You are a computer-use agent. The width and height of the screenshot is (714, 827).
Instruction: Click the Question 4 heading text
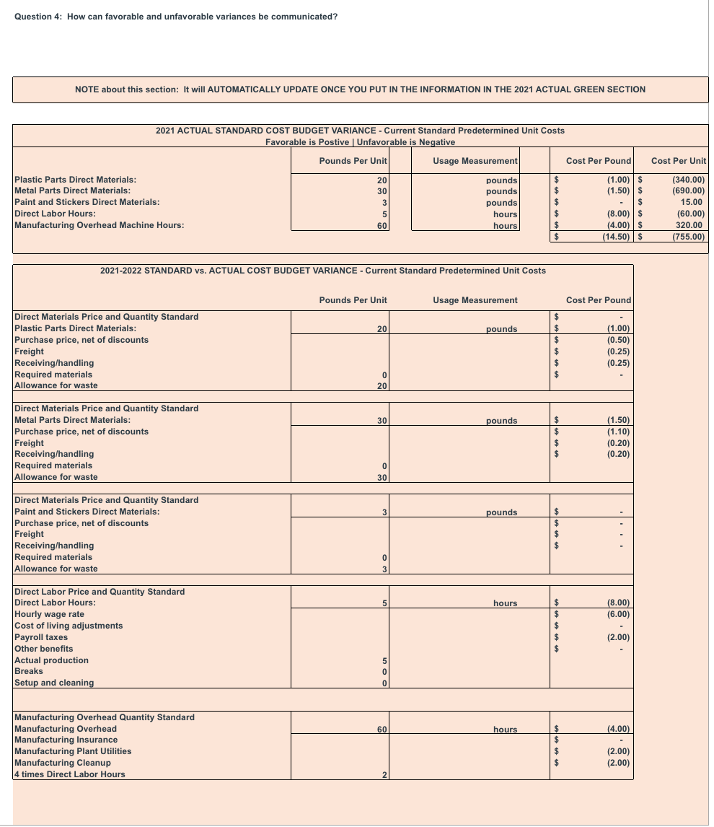pos(176,17)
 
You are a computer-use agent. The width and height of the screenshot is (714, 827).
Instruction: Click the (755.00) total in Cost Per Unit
pos(688,237)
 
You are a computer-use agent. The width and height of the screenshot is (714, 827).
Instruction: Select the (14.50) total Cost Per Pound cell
pos(617,237)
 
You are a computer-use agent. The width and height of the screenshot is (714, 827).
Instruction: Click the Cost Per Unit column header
pos(678,160)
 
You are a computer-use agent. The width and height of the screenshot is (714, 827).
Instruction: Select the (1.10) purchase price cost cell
pos(619,432)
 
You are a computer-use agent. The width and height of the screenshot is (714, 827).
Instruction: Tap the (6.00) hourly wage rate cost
pos(619,614)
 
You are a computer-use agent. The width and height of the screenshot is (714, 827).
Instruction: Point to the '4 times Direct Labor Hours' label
pos(70,774)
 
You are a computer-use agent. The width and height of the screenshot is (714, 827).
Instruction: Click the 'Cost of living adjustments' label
pos(69,626)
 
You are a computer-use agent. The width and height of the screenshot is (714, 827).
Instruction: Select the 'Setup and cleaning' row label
pos(54,683)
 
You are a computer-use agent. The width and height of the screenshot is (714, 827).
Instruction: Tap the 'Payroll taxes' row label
pos(41,637)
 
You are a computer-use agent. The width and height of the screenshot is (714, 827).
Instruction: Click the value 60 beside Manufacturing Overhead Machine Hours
pos(382,226)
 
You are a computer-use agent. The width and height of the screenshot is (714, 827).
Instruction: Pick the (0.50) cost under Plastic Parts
pos(619,340)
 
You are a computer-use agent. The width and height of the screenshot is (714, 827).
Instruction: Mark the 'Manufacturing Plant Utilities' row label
pos(73,751)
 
